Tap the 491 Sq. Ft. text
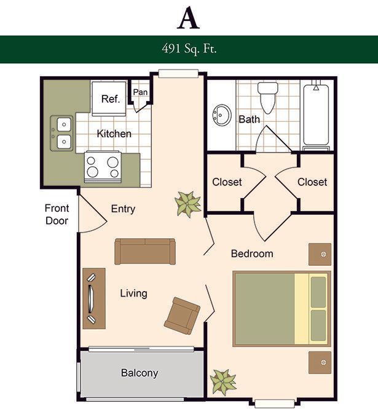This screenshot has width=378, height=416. coord(189,49)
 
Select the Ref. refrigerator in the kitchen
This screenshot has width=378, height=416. coord(109,98)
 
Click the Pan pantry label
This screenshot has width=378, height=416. coord(140,92)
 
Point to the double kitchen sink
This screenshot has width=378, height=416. coord(61,133)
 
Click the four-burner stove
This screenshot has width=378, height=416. coord(103,167)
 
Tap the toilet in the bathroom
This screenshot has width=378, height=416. coord(268,98)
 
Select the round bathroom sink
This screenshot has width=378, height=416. coord(222,115)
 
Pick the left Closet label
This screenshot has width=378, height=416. coord(227,182)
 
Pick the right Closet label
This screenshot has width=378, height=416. coord(312,182)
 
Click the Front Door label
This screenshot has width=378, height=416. coord(57,214)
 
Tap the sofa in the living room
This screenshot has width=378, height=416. coord(145,252)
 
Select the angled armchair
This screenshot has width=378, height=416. coord(182,316)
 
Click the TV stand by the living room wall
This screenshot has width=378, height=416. coord(94,298)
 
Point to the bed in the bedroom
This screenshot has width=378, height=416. coord(282,309)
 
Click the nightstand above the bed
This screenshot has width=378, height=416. coord(320,254)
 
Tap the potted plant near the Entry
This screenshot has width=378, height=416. coord(188,204)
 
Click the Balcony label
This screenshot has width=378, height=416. coord(140,373)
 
